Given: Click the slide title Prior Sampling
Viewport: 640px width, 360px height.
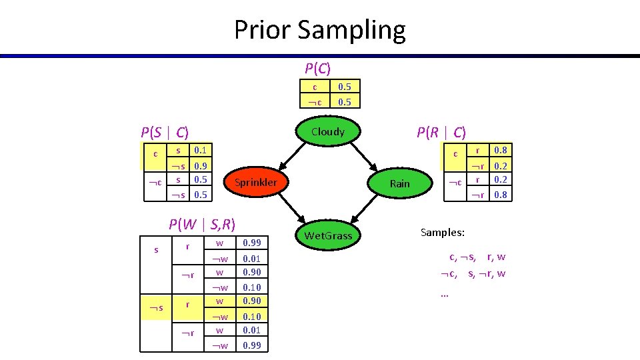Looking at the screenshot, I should pyautogui.click(x=319, y=30).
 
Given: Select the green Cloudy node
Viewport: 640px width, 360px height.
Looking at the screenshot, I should pyautogui.click(x=327, y=132).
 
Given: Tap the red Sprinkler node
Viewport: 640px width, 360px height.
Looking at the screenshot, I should pyautogui.click(x=260, y=182).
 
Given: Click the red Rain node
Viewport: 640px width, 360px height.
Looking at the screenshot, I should pyautogui.click(x=399, y=183).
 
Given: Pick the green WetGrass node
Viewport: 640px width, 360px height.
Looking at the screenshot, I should pyautogui.click(x=328, y=235).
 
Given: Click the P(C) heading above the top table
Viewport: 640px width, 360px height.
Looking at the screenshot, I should pyautogui.click(x=318, y=68).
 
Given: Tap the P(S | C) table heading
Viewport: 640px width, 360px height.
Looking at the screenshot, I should pyautogui.click(x=164, y=132).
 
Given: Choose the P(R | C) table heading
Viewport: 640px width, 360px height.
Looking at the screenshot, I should pyautogui.click(x=441, y=132).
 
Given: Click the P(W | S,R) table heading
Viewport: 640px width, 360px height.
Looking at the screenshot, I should pyautogui.click(x=203, y=224).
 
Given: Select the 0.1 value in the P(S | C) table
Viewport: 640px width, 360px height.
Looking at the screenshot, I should pyautogui.click(x=199, y=151).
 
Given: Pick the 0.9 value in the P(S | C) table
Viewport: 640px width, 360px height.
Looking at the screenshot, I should pyautogui.click(x=199, y=165).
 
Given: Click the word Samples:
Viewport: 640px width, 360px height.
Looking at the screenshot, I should pyautogui.click(x=443, y=232).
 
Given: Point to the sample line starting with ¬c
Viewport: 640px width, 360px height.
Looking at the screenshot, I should pyautogui.click(x=472, y=273).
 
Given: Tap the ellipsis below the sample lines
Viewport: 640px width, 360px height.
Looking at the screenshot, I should pyautogui.click(x=445, y=293).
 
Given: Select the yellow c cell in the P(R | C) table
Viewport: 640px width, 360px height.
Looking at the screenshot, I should pyautogui.click(x=455, y=154).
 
